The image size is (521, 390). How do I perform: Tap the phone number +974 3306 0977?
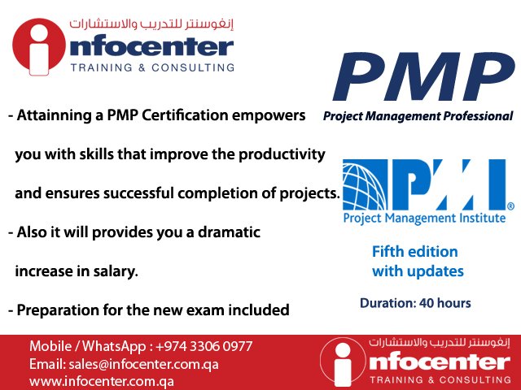click(203, 346)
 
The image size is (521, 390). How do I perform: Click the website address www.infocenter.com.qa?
click(102, 381)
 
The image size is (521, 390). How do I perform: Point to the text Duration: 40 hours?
click(415, 304)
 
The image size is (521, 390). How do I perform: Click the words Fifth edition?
click(414, 252)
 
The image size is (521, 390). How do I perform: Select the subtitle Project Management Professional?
click(418, 116)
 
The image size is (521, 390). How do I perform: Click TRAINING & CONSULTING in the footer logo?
click(434, 379)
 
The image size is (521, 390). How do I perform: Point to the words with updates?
click(418, 271)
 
